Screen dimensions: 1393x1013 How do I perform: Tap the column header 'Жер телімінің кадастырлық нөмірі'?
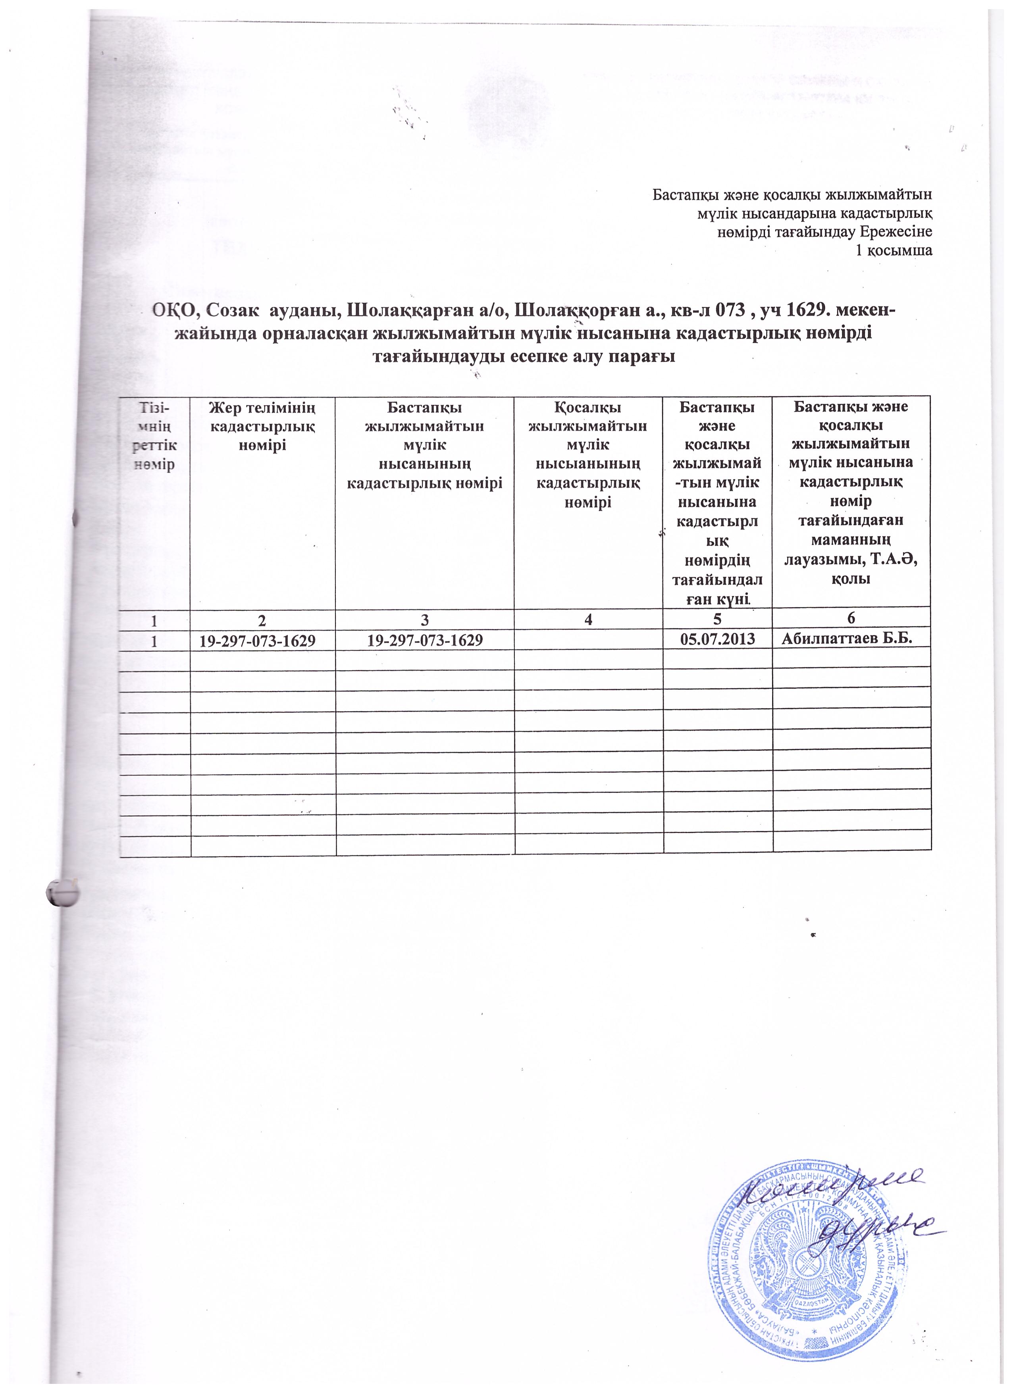[263, 425]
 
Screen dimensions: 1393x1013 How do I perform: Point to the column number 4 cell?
[589, 620]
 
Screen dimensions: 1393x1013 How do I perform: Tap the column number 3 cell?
[424, 620]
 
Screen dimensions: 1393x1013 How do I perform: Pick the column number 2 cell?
[263, 620]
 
